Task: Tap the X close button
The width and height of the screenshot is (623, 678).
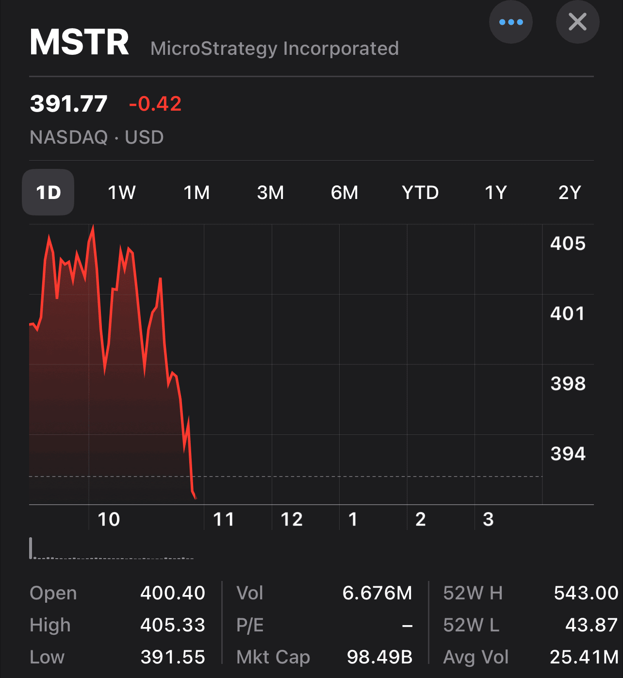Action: pyautogui.click(x=577, y=22)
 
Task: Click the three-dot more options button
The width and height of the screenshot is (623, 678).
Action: pyautogui.click(x=510, y=22)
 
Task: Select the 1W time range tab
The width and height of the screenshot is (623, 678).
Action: pyautogui.click(x=121, y=193)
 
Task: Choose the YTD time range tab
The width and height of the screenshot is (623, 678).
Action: pyautogui.click(x=420, y=193)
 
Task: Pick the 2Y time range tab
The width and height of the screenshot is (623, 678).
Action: pyautogui.click(x=569, y=193)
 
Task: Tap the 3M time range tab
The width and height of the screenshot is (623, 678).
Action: pyautogui.click(x=270, y=193)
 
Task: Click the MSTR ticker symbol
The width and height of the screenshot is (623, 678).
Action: pyautogui.click(x=80, y=42)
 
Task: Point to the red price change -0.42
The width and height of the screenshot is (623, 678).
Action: pyautogui.click(x=155, y=104)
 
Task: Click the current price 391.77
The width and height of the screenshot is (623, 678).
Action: pyautogui.click(x=68, y=104)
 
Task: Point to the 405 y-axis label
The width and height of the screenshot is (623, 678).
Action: pyautogui.click(x=568, y=243)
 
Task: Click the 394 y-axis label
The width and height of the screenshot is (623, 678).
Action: pyautogui.click(x=568, y=454)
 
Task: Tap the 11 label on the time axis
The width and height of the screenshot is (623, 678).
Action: pyautogui.click(x=224, y=519)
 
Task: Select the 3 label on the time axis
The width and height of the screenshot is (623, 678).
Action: pyautogui.click(x=488, y=519)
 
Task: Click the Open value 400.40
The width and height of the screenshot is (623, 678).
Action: pyautogui.click(x=173, y=593)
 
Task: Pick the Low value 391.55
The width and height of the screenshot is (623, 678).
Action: pyautogui.click(x=173, y=657)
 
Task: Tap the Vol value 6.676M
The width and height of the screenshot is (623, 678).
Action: pyautogui.click(x=377, y=593)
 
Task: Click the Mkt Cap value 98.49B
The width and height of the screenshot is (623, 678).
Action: pyautogui.click(x=379, y=657)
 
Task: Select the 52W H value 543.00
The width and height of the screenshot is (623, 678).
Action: pyautogui.click(x=586, y=593)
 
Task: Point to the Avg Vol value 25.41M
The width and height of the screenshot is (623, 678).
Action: pyautogui.click(x=584, y=657)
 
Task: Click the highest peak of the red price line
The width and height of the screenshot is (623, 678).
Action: pyautogui.click(x=93, y=227)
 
